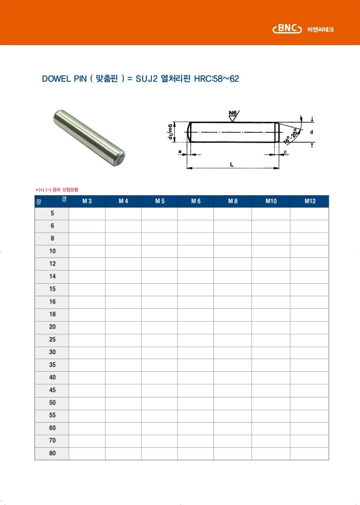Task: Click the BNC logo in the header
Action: coord(288,29)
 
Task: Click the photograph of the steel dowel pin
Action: coord(89,138)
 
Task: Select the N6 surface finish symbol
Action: coord(233,115)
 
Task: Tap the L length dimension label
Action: coord(232,164)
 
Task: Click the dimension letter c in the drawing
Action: coord(285,152)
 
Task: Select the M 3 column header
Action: coord(87,201)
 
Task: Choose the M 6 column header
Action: coord(196,201)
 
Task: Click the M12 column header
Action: coord(309,201)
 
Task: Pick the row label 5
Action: coord(52,214)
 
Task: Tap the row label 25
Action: coord(52,340)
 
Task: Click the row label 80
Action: coord(52,453)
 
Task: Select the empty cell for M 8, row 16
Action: coord(233,302)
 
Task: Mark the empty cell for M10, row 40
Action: coord(271,378)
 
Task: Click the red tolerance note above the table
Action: coord(57,189)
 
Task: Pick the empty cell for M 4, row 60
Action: coord(123,428)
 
